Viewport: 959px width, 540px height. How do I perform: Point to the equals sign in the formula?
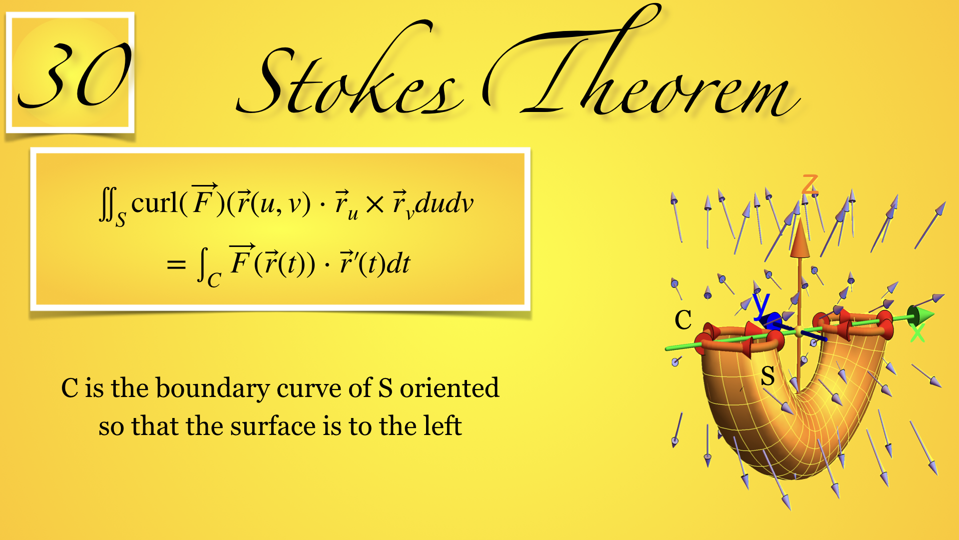click(176, 264)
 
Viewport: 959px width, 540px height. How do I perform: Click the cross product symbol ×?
click(375, 204)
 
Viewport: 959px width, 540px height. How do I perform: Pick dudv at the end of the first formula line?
click(444, 203)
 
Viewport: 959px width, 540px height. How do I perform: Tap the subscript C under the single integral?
click(214, 280)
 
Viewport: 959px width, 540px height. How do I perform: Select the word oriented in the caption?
click(449, 388)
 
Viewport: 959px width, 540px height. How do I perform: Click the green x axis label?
click(917, 332)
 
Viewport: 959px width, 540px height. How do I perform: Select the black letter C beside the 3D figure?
click(683, 319)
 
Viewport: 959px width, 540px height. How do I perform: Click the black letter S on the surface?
click(768, 375)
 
